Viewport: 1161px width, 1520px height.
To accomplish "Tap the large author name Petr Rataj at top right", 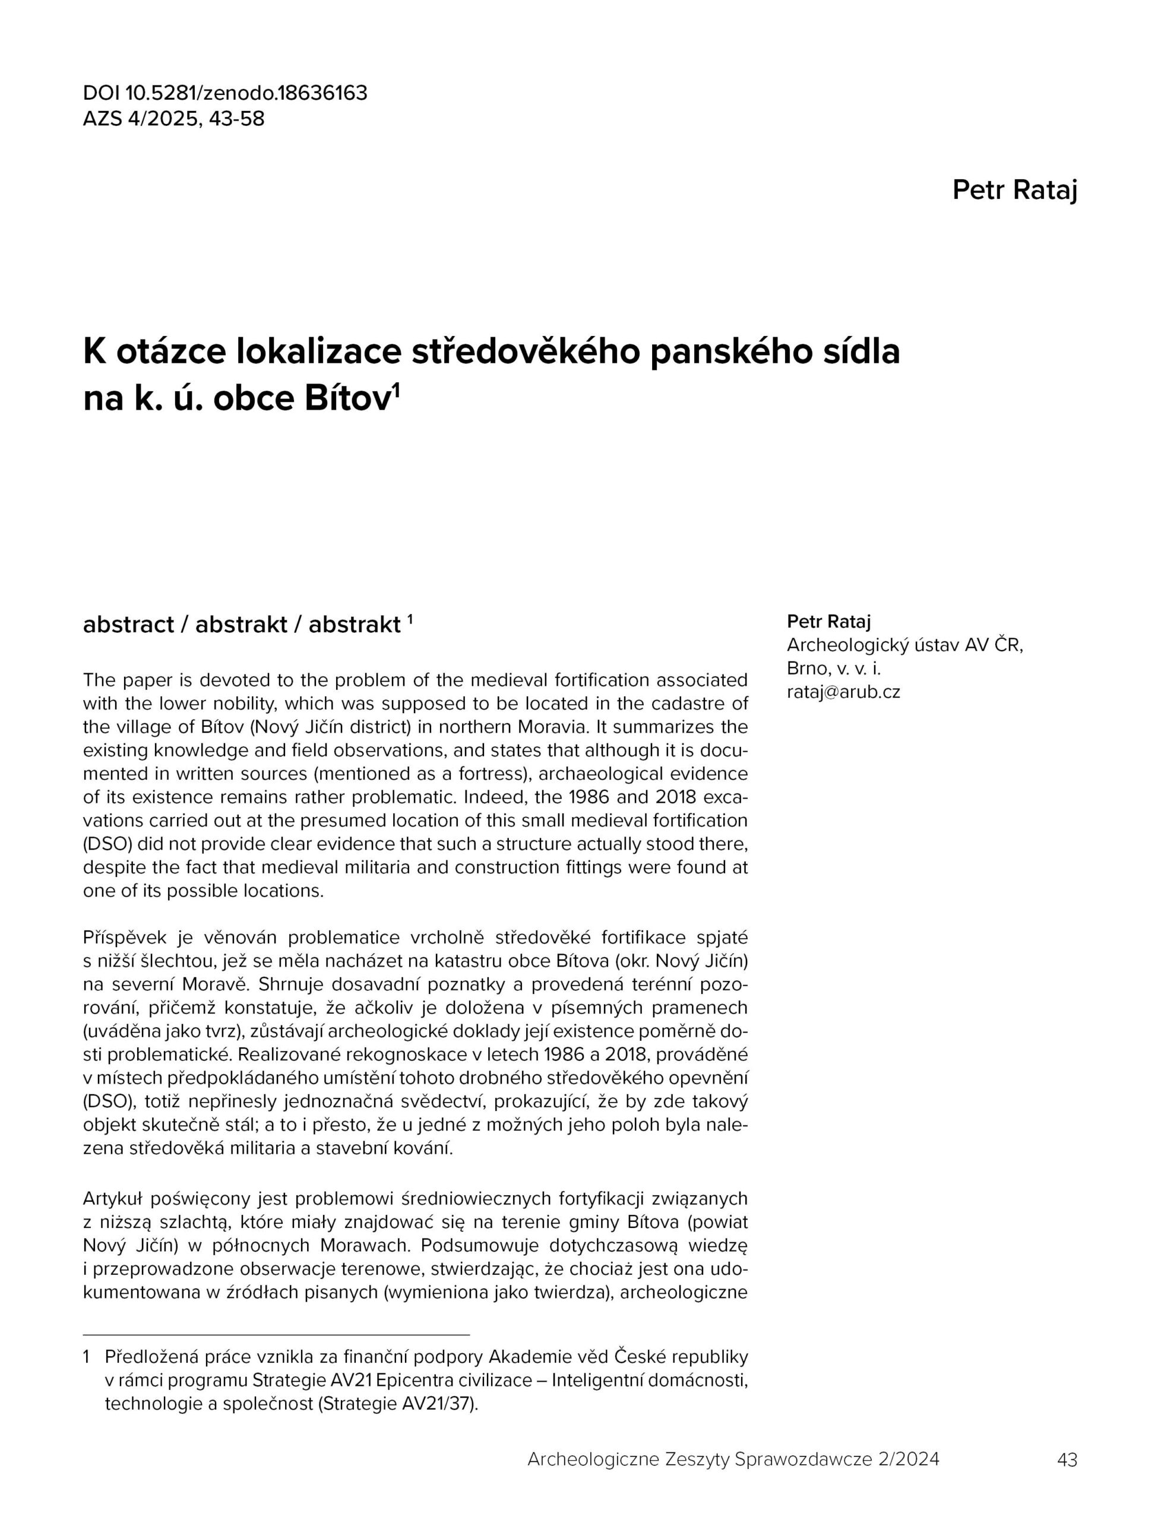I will tap(1014, 190).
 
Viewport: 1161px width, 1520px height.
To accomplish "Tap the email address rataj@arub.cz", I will tap(843, 692).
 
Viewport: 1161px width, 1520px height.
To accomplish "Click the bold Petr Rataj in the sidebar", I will tap(828, 622).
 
